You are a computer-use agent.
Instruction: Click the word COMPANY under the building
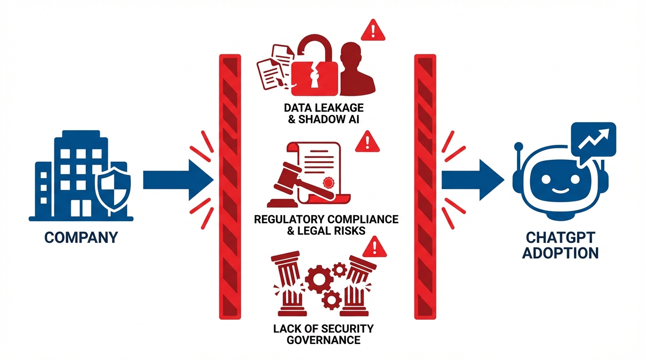click(x=81, y=237)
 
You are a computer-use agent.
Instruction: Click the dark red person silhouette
click(x=356, y=70)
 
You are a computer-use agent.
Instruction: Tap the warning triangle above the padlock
click(x=373, y=30)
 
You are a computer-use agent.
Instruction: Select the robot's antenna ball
click(x=518, y=146)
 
